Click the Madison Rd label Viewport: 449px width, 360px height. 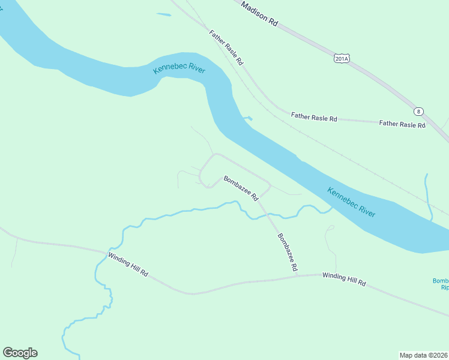[x=259, y=13]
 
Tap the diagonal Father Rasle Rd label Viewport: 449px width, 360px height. [x=226, y=47]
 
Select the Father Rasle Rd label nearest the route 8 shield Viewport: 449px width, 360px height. [x=402, y=124]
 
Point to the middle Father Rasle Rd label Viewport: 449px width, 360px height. [x=314, y=117]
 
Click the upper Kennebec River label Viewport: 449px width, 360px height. [x=179, y=70]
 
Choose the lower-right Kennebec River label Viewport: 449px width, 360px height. [x=352, y=203]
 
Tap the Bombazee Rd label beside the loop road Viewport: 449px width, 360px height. [x=241, y=188]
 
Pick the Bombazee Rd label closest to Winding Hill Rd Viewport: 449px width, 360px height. [x=288, y=253]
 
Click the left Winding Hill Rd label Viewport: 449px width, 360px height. [x=128, y=264]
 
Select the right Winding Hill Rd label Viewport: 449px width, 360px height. [x=344, y=279]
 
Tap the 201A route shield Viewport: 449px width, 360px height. [x=342, y=58]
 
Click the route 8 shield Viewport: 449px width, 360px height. [x=418, y=111]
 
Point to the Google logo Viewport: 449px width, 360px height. [x=20, y=353]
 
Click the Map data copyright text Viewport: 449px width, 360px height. [x=424, y=355]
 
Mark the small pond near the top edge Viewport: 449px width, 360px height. [x=163, y=14]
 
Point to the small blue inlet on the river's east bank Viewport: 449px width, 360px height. [x=247, y=118]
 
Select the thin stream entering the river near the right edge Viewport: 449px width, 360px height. [x=427, y=198]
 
